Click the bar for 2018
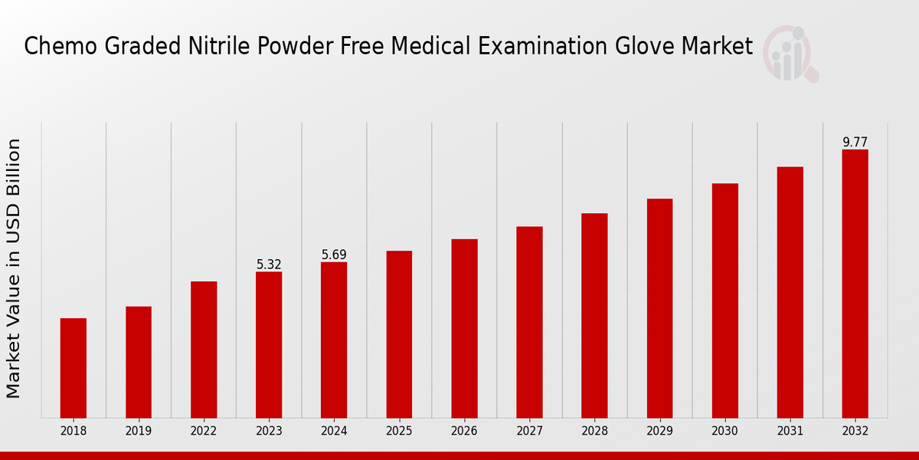click(x=74, y=368)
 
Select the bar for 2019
click(x=139, y=362)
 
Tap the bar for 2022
click(x=204, y=350)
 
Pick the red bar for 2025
click(x=399, y=334)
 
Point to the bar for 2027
click(x=529, y=322)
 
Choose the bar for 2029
click(x=659, y=308)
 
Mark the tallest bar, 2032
click(x=855, y=284)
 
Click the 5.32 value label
click(x=269, y=264)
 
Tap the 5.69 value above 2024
click(x=334, y=255)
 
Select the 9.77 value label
click(x=855, y=142)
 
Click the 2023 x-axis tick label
click(x=269, y=432)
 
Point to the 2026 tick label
click(x=464, y=432)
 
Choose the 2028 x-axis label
click(x=594, y=432)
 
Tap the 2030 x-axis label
click(x=724, y=432)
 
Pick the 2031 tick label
click(x=790, y=432)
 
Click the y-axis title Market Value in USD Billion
click(x=14, y=268)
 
